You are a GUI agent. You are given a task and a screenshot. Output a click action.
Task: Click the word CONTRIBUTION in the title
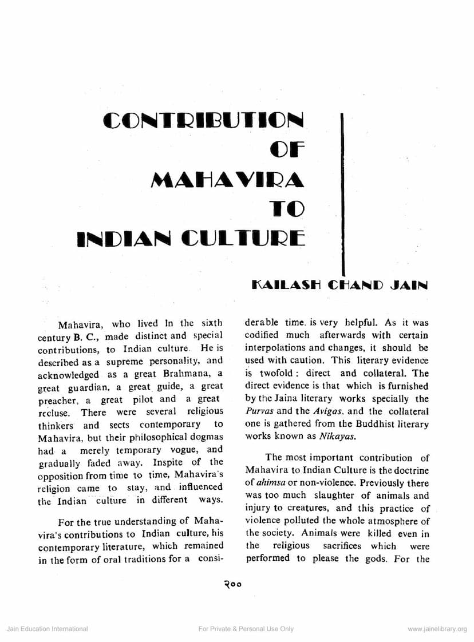(204, 121)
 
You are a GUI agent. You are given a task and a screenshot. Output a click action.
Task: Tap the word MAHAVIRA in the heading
(227, 180)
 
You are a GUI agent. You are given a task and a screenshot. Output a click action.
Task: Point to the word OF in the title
(287, 150)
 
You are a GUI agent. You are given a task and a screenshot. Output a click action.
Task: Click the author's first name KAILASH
(285, 284)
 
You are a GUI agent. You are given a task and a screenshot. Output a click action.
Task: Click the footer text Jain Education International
(47, 629)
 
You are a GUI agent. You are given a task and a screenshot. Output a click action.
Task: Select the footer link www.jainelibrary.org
(437, 629)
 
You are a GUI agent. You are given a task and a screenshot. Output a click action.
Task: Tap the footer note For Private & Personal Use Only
(246, 629)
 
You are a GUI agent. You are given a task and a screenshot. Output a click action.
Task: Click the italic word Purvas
(259, 411)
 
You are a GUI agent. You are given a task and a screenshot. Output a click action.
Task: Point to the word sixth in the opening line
(210, 323)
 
